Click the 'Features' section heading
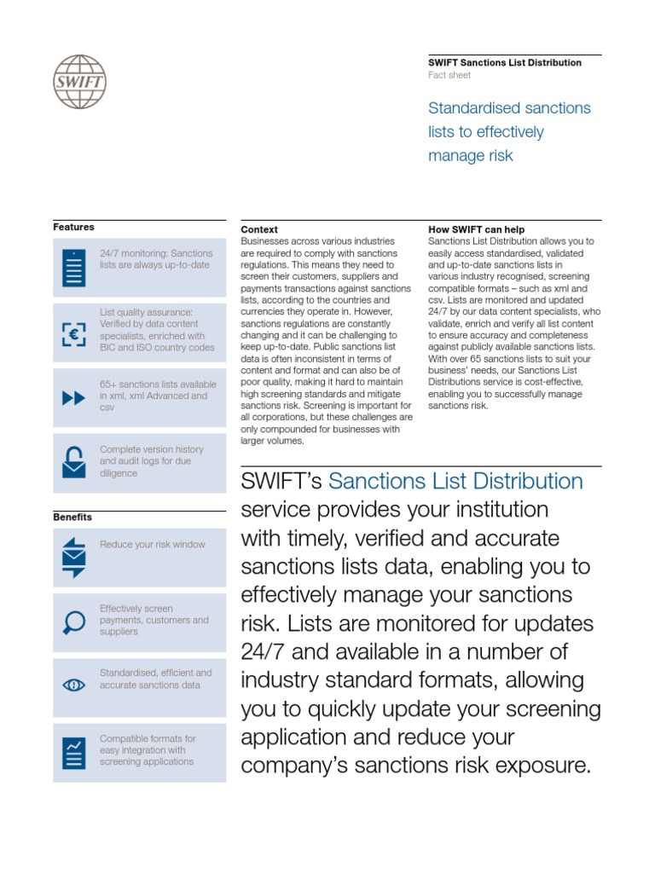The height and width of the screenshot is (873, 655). (73, 227)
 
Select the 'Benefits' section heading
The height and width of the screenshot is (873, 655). (72, 517)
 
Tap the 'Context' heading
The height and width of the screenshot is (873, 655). (259, 229)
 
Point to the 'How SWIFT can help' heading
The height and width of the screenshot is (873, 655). (476, 229)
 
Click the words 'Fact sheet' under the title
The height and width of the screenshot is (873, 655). (449, 75)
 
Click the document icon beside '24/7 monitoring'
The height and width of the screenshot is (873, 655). (74, 267)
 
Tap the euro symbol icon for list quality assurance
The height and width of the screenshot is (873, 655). (74, 334)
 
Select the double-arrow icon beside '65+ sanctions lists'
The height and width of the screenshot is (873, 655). (74, 397)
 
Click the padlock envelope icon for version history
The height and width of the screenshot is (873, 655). (74, 462)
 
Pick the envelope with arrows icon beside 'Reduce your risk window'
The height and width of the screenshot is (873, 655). (74, 558)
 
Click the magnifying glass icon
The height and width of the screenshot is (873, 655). (74, 622)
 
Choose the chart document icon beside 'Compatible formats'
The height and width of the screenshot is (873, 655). (74, 752)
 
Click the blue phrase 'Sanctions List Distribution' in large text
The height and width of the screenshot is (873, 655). (455, 482)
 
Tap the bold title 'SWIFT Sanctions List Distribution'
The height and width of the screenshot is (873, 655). (504, 62)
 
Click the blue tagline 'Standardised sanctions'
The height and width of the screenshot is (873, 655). (508, 108)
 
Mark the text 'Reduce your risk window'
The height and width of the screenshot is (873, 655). (152, 544)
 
